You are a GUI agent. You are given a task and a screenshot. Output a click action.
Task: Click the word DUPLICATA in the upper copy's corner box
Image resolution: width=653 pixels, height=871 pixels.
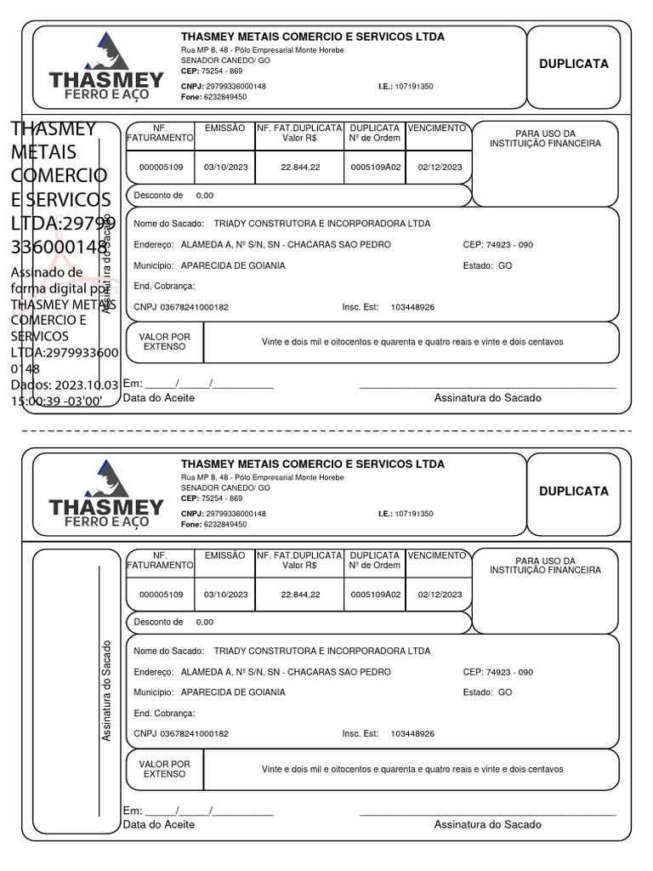574,64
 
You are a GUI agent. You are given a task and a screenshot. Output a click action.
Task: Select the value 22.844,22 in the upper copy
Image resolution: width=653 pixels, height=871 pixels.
300,167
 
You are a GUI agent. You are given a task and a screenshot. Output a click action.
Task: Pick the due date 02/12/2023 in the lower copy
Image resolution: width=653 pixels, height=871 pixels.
440,594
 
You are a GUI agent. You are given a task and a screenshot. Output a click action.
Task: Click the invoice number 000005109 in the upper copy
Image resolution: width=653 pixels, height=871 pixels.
161,167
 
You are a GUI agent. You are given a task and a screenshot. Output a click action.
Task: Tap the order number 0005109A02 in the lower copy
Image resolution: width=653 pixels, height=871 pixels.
375,594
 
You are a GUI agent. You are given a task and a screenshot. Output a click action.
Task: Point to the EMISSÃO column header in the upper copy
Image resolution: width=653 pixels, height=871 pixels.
224,128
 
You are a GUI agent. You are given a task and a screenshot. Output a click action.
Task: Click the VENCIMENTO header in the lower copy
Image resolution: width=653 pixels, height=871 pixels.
437,555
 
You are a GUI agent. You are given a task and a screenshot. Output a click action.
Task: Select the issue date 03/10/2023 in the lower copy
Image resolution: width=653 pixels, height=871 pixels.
225,594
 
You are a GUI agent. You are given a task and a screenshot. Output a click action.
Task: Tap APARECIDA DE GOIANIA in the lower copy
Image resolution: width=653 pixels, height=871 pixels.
233,692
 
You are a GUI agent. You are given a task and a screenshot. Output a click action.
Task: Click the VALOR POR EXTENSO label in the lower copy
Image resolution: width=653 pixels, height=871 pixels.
164,769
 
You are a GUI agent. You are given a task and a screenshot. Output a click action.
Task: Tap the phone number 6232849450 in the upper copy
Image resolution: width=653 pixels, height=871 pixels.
225,97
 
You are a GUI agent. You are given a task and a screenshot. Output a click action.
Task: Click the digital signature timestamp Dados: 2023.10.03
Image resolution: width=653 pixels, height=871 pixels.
65,385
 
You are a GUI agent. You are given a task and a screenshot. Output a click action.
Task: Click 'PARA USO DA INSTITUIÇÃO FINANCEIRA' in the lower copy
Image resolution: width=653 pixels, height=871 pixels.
545,566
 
